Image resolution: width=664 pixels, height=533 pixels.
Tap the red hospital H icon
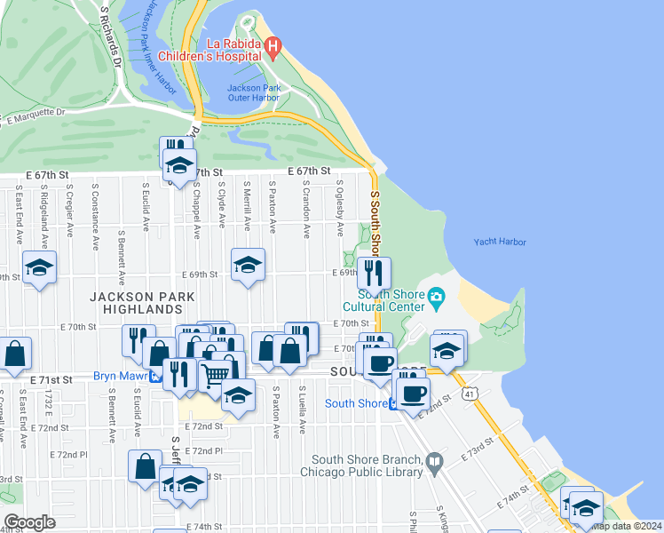click(x=274, y=45)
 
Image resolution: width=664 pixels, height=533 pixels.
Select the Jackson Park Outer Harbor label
click(x=253, y=92)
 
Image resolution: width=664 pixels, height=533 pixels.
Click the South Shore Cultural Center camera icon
click(x=436, y=297)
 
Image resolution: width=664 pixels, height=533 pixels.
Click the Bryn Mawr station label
click(x=120, y=376)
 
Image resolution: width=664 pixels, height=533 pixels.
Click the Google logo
click(x=29, y=522)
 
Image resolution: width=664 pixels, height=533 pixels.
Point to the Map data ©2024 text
click(x=626, y=525)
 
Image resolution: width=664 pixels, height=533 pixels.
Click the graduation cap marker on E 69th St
click(x=248, y=264)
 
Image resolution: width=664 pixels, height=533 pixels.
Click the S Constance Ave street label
click(x=94, y=205)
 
